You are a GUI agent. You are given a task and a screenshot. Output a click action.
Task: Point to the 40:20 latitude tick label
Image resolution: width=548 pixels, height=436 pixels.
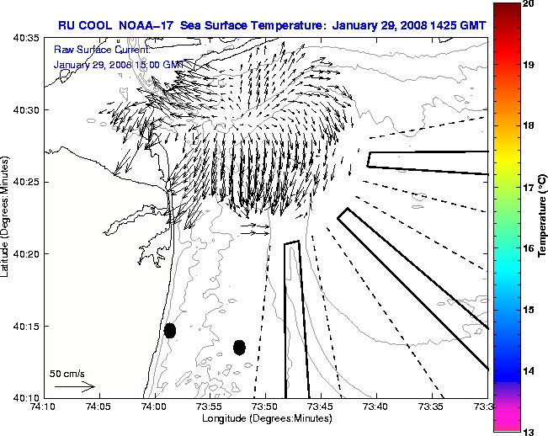[x=28, y=254]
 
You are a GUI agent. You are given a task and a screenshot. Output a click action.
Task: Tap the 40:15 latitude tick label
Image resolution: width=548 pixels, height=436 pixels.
[x=28, y=326]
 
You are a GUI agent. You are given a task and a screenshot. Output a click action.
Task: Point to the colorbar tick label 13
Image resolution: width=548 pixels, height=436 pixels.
[x=528, y=431]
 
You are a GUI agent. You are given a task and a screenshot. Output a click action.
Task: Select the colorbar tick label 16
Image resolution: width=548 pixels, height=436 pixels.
[x=528, y=248]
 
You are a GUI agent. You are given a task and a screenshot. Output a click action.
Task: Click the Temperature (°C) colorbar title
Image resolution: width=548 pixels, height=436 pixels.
[x=544, y=218]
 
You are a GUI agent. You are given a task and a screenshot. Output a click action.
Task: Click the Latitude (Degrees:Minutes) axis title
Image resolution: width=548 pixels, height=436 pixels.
[x=6, y=217]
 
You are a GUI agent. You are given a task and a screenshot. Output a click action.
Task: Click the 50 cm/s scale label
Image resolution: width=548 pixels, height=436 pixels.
[x=67, y=372]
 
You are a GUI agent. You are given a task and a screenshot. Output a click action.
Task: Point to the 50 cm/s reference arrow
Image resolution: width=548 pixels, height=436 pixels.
[x=74, y=387]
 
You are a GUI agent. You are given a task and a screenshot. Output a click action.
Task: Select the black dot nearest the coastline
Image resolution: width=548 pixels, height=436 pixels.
[x=169, y=330]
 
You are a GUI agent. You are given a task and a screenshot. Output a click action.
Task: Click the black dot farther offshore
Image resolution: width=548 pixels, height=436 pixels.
[x=239, y=347]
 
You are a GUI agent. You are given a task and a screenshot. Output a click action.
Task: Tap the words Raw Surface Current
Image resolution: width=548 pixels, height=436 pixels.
[x=91, y=51]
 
